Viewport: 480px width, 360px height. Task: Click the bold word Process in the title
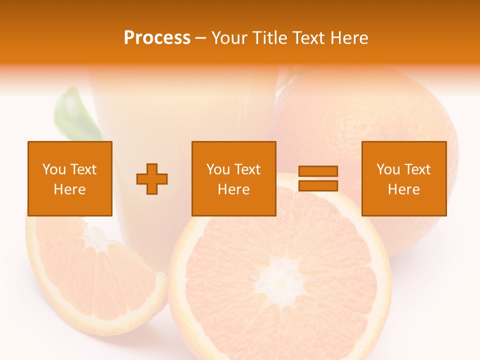coord(157,38)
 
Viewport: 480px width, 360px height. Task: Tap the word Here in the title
coord(349,38)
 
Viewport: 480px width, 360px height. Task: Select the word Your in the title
coord(229,38)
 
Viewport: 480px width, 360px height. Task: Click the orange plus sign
coord(152,179)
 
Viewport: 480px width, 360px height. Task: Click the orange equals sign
coord(318,178)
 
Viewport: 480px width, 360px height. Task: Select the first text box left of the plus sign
coord(69,178)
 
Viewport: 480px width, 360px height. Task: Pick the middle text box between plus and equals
coord(233,178)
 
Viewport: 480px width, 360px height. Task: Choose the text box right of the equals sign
coord(403,178)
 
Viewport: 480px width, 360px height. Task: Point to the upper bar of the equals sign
coord(318,171)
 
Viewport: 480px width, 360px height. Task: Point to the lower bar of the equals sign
coord(318,185)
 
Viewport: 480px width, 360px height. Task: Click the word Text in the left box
coord(83,169)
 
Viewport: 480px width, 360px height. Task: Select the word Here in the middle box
coord(233,189)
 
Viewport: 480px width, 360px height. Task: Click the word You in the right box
coord(387,169)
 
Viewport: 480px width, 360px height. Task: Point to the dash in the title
coord(201,38)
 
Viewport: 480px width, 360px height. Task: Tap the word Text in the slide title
coord(308,38)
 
